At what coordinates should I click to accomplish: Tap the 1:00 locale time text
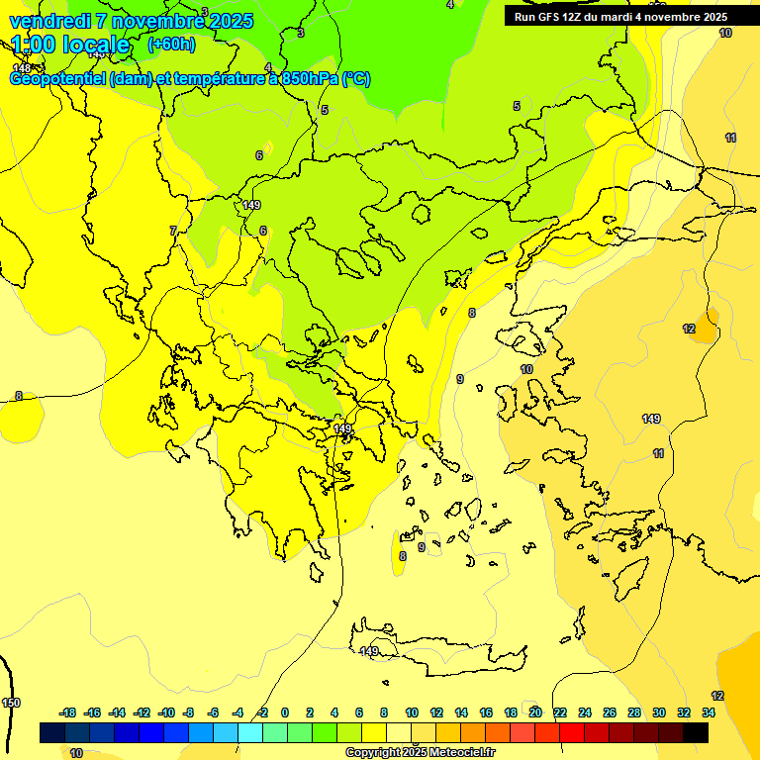pos(70,45)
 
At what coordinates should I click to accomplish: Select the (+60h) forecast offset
pos(171,45)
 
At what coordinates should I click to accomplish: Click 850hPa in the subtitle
pos(307,79)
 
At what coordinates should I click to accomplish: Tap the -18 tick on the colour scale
pos(67,712)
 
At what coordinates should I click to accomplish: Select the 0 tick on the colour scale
pos(285,712)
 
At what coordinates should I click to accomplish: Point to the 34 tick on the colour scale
pos(709,712)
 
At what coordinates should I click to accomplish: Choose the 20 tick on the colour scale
pos(535,712)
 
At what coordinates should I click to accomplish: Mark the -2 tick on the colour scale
pos(261,712)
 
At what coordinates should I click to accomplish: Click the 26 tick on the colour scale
pos(610,712)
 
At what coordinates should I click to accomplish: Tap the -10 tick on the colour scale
pos(166,712)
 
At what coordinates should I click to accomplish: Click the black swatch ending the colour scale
pos(696,732)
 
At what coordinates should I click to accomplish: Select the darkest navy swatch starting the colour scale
pos(52,732)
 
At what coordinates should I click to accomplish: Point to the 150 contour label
pos(10,703)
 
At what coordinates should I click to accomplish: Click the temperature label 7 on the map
pos(173,231)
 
